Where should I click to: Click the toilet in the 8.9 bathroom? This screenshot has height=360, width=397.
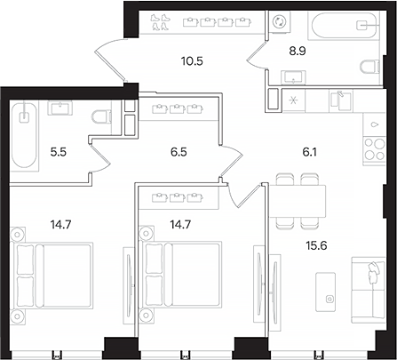coord(369,64)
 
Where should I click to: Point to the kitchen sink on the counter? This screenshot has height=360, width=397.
coord(338,99)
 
